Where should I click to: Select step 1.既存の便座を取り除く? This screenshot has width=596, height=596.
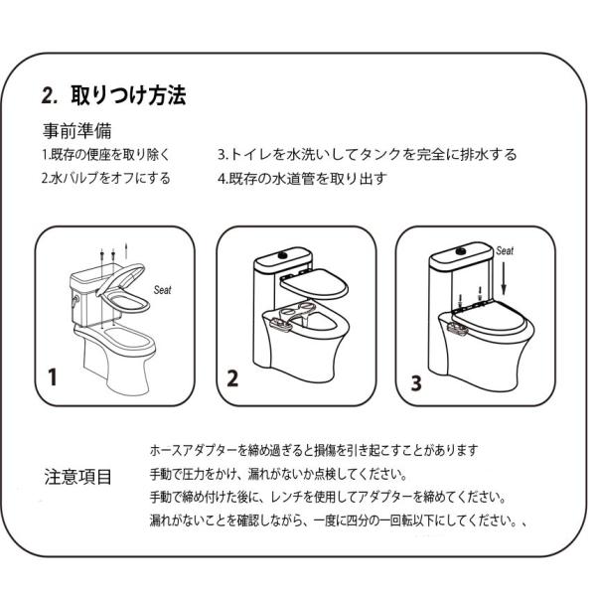coord(106,155)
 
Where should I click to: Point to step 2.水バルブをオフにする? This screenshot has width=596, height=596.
coord(105,179)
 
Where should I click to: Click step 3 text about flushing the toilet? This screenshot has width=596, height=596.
coord(367,155)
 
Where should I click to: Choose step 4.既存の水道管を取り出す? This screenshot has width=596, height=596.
coord(301,179)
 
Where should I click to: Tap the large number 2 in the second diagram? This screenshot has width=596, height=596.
coord(233,377)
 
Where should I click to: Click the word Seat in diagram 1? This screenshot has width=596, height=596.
coord(162,290)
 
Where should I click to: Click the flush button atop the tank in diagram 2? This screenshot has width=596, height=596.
coord(289,255)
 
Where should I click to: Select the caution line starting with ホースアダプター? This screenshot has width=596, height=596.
coord(315,448)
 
